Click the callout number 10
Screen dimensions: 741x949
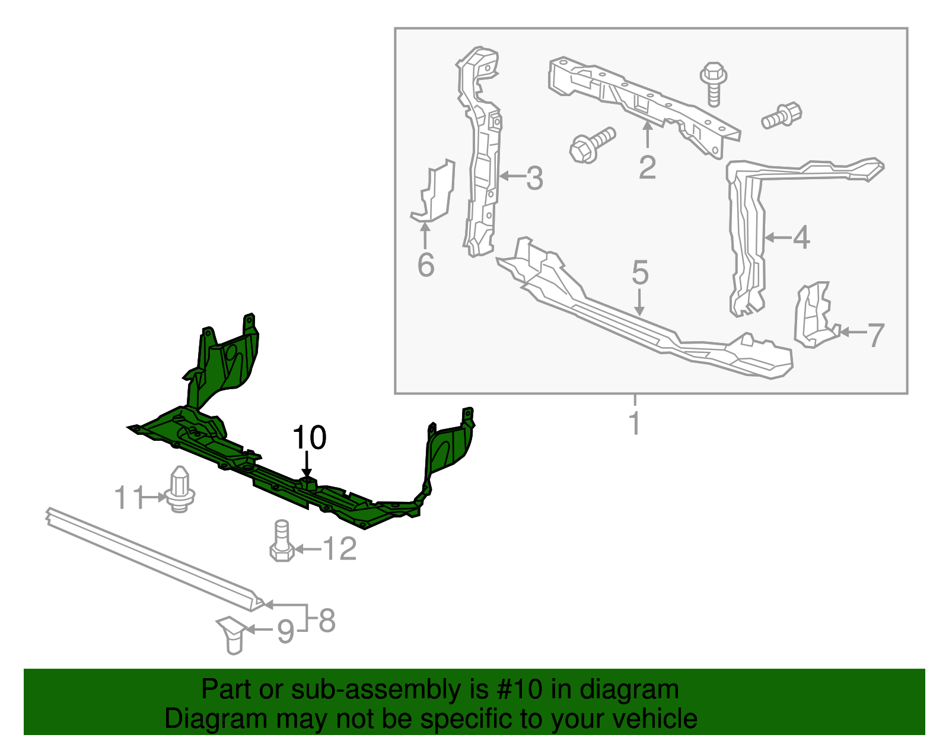tap(309, 438)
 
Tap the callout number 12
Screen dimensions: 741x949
tap(340, 549)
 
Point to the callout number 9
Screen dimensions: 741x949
tap(285, 631)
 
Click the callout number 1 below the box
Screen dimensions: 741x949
tap(635, 423)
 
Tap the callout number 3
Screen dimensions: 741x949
tap(534, 178)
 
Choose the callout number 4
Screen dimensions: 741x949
tap(801, 237)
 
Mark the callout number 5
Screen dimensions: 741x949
tap(640, 272)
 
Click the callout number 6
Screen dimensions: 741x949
tap(426, 265)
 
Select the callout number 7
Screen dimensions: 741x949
tap(876, 335)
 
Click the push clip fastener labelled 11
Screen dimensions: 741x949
tap(179, 490)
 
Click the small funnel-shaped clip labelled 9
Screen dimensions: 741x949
tap(233, 635)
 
